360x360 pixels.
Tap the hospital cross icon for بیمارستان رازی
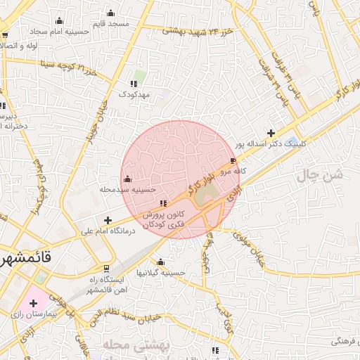point(33,302)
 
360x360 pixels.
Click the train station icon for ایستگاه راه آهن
point(106,268)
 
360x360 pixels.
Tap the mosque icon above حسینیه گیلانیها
point(160,262)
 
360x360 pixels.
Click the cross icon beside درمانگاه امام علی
point(108,220)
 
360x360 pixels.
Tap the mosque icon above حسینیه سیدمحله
point(127,179)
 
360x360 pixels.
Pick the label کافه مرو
point(232,171)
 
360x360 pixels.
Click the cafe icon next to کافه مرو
point(233,161)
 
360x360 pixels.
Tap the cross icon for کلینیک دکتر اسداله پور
point(271,133)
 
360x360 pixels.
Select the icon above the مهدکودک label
point(133,84)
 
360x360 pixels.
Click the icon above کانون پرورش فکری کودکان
point(165,204)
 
